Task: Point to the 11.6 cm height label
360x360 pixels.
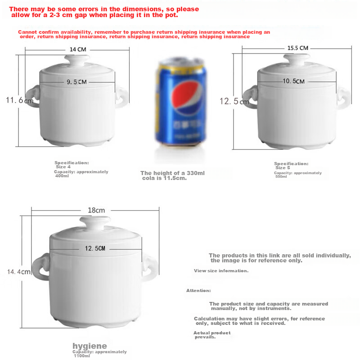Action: pyautogui.click(x=19, y=100)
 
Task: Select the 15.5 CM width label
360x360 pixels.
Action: pyautogui.click(x=298, y=48)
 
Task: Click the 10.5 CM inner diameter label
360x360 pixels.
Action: pyautogui.click(x=294, y=81)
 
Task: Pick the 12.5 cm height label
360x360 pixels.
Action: pyautogui.click(x=234, y=102)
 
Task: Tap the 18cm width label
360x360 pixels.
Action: pyautogui.click(x=96, y=210)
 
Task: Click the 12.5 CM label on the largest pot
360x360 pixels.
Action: pyautogui.click(x=95, y=248)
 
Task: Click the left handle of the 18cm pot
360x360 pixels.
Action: pyautogui.click(x=41, y=265)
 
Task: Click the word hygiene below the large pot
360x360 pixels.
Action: pyautogui.click(x=90, y=346)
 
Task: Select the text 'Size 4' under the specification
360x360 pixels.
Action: pyautogui.click(x=63, y=167)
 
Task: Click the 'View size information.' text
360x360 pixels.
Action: pyautogui.click(x=221, y=271)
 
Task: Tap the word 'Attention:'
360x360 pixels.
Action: pyautogui.click(x=198, y=291)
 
